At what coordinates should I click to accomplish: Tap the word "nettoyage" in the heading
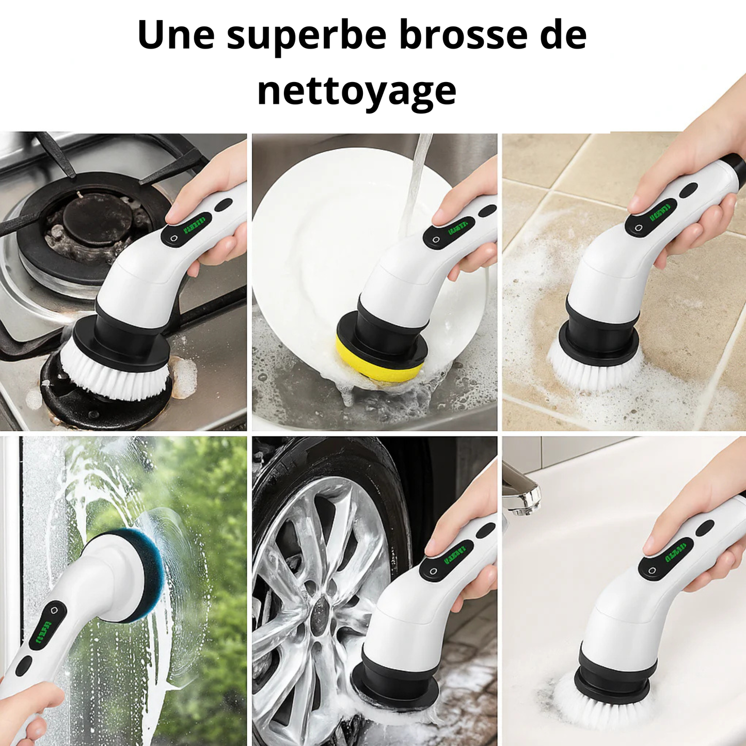click(x=357, y=91)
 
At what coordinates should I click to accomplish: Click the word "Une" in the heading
click(x=176, y=35)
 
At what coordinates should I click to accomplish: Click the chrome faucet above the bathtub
click(x=522, y=490)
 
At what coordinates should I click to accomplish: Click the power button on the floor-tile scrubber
click(x=639, y=228)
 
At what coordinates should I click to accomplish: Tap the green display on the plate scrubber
click(x=458, y=227)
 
